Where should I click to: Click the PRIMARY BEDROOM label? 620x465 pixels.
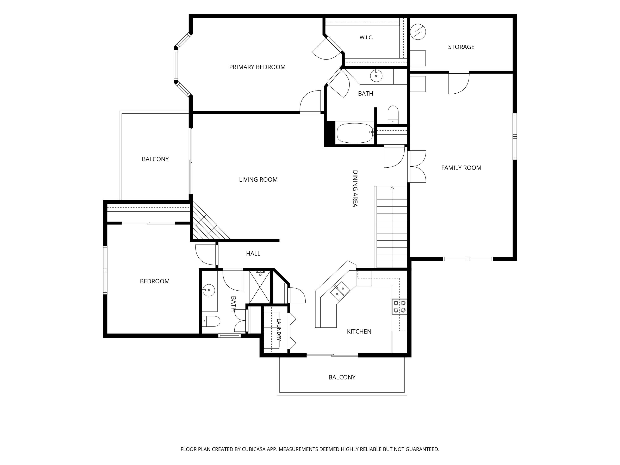tap(257, 67)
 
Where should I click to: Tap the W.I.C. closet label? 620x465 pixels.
tap(366, 37)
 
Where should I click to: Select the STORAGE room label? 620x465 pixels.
tap(461, 47)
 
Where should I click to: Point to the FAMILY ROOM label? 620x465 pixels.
tap(461, 168)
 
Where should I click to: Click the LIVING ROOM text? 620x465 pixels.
tap(258, 179)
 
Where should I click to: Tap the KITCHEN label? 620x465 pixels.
tap(359, 331)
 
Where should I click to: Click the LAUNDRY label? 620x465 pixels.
tap(279, 329)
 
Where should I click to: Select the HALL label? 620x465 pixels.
tap(253, 253)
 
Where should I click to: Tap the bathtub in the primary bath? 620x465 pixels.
tap(355, 133)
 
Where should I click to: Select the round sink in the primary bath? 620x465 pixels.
tap(376, 75)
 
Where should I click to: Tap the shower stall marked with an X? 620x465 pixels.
tap(260, 287)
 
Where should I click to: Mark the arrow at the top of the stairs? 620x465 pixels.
tap(392, 187)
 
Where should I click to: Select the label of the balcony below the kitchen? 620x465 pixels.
tap(342, 377)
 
